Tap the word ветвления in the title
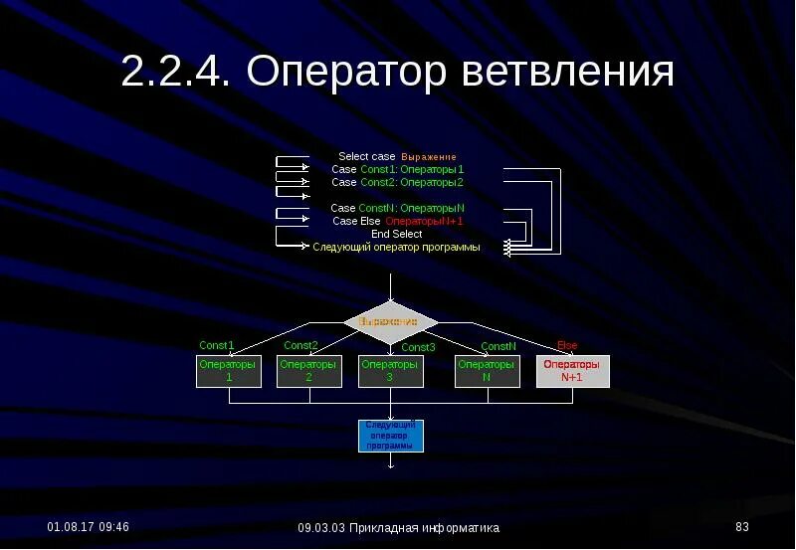tap(568, 72)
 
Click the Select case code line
tap(367, 157)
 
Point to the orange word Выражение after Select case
tap(429, 157)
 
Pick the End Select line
tap(396, 234)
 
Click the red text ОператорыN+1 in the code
tap(425, 221)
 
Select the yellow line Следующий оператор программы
tap(396, 247)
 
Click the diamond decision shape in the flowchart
tap(390, 321)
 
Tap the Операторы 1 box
tap(229, 371)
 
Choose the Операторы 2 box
tap(308, 371)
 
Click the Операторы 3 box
tap(390, 371)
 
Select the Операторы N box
tap(487, 371)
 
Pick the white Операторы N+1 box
tap(572, 371)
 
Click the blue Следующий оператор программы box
tap(390, 436)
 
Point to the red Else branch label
tap(567, 346)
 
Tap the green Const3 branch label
tap(418, 347)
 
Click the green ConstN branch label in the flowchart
tap(498, 346)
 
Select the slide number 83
tap(741, 526)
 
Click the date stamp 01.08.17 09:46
tap(89, 526)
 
